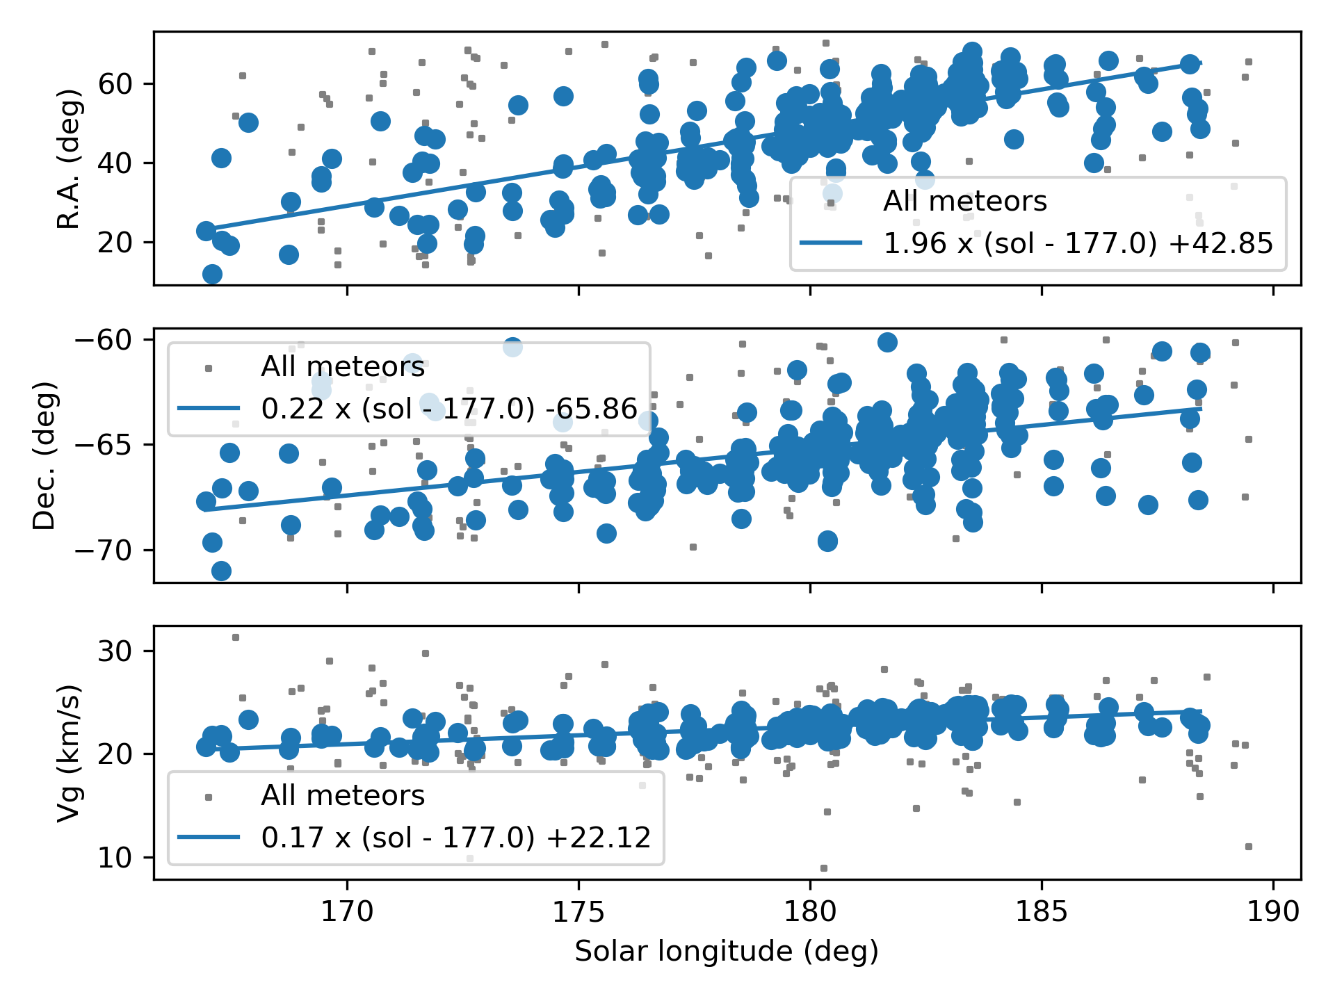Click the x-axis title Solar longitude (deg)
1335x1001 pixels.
pyautogui.click(x=727, y=951)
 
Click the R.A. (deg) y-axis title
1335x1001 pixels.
pyautogui.click(x=69, y=158)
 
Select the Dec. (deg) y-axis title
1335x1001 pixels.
pyautogui.click(x=44, y=455)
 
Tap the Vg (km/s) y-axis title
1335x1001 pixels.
pyautogui.click(x=69, y=754)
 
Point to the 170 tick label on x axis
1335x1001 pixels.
pyautogui.click(x=347, y=912)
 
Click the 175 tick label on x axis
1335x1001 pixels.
pyautogui.click(x=578, y=912)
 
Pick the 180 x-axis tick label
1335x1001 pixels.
pyautogui.click(x=810, y=912)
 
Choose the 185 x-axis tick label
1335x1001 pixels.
pyautogui.click(x=1042, y=912)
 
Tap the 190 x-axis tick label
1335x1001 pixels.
pyautogui.click(x=1273, y=912)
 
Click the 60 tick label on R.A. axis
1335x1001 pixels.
pyautogui.click(x=115, y=84)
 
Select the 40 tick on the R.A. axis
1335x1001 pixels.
pyautogui.click(x=115, y=164)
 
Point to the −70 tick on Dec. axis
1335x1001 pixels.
pyautogui.click(x=104, y=551)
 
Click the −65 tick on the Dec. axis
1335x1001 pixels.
pyautogui.click(x=104, y=445)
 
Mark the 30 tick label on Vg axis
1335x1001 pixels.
pyautogui.click(x=115, y=651)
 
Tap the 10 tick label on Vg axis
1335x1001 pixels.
pyautogui.click(x=115, y=858)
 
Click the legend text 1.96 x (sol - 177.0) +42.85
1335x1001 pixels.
pyautogui.click(x=1078, y=243)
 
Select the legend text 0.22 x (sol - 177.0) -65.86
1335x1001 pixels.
pyautogui.click(x=449, y=409)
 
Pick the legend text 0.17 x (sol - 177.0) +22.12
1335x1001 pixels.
pyautogui.click(x=456, y=838)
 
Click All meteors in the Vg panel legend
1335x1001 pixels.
pyautogui.click(x=342, y=795)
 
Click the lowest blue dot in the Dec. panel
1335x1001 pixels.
pyautogui.click(x=221, y=571)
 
